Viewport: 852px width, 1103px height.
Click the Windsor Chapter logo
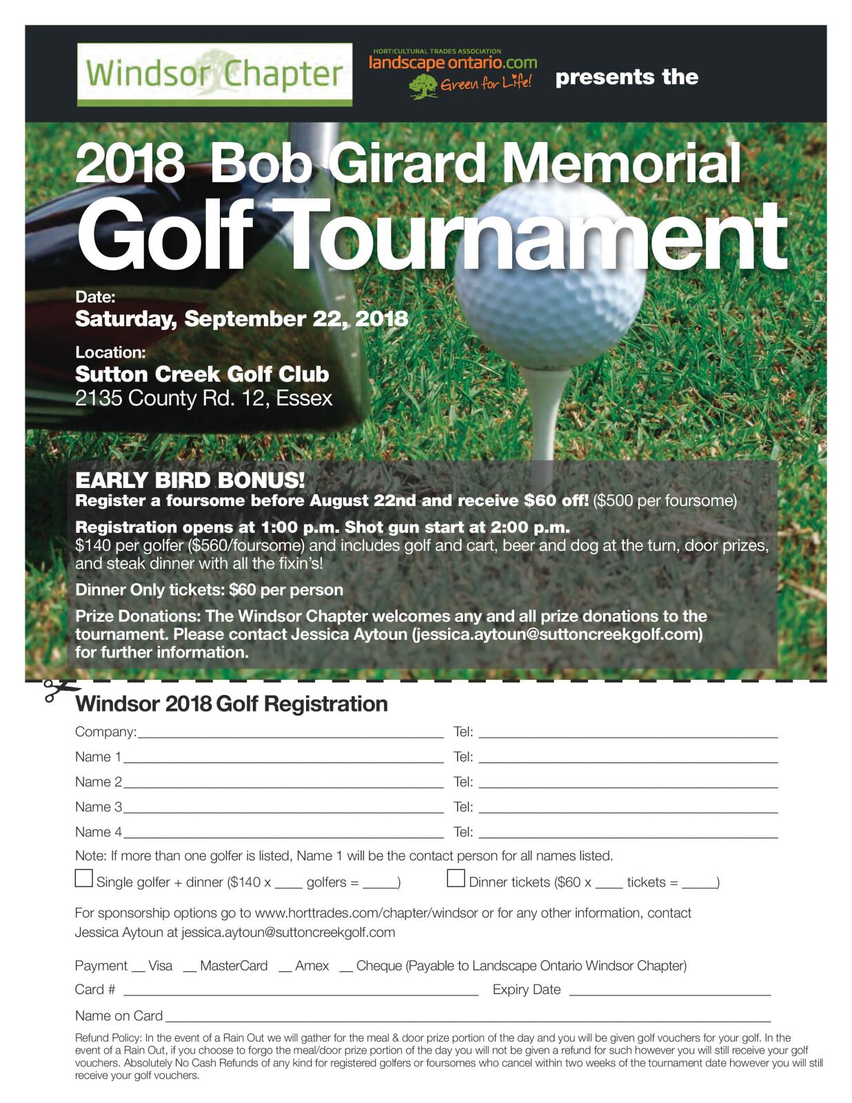214,74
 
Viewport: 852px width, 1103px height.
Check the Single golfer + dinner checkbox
83,878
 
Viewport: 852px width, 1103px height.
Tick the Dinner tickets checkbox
456,878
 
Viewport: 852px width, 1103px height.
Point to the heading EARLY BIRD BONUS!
190,480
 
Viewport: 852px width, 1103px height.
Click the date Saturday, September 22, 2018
241,319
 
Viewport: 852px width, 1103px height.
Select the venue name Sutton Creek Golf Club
202,374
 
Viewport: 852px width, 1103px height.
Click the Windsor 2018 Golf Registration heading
231,704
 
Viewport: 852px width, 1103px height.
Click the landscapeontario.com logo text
453,63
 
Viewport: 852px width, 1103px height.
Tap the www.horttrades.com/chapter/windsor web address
366,913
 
